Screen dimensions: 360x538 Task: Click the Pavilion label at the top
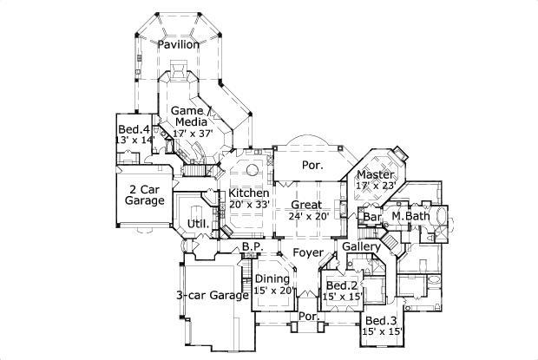179,43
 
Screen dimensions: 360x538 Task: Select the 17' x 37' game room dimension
192,134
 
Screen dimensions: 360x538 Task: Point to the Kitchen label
249,193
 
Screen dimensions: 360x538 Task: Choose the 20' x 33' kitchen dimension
249,205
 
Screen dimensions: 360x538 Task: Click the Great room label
305,206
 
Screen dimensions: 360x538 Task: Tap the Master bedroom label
375,174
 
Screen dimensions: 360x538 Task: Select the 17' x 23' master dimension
375,185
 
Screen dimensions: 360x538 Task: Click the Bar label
372,216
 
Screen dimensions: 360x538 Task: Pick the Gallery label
362,247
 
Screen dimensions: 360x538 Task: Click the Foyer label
308,253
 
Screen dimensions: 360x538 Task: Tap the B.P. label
252,247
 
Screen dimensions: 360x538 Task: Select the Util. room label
196,225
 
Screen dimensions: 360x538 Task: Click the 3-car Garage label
213,296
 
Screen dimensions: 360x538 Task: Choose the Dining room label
273,279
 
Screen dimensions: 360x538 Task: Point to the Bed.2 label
341,285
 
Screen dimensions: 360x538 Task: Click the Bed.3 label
382,319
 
